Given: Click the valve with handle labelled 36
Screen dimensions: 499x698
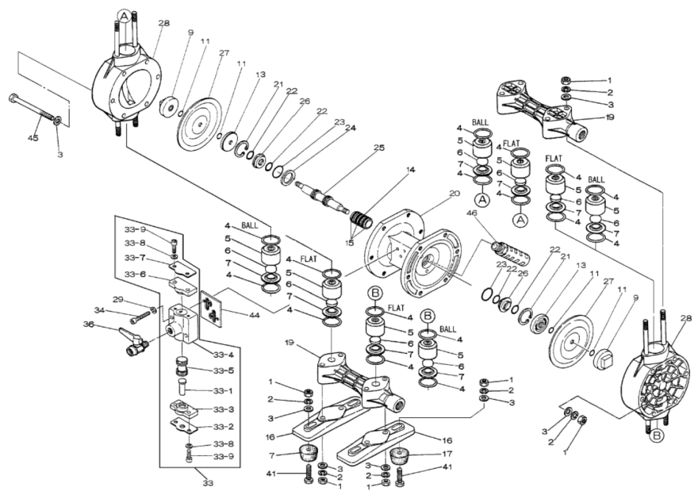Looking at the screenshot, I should [x=132, y=342].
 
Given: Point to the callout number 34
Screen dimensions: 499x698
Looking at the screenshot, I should [x=99, y=310].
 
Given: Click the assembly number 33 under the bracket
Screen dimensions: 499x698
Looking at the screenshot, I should [x=209, y=482].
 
